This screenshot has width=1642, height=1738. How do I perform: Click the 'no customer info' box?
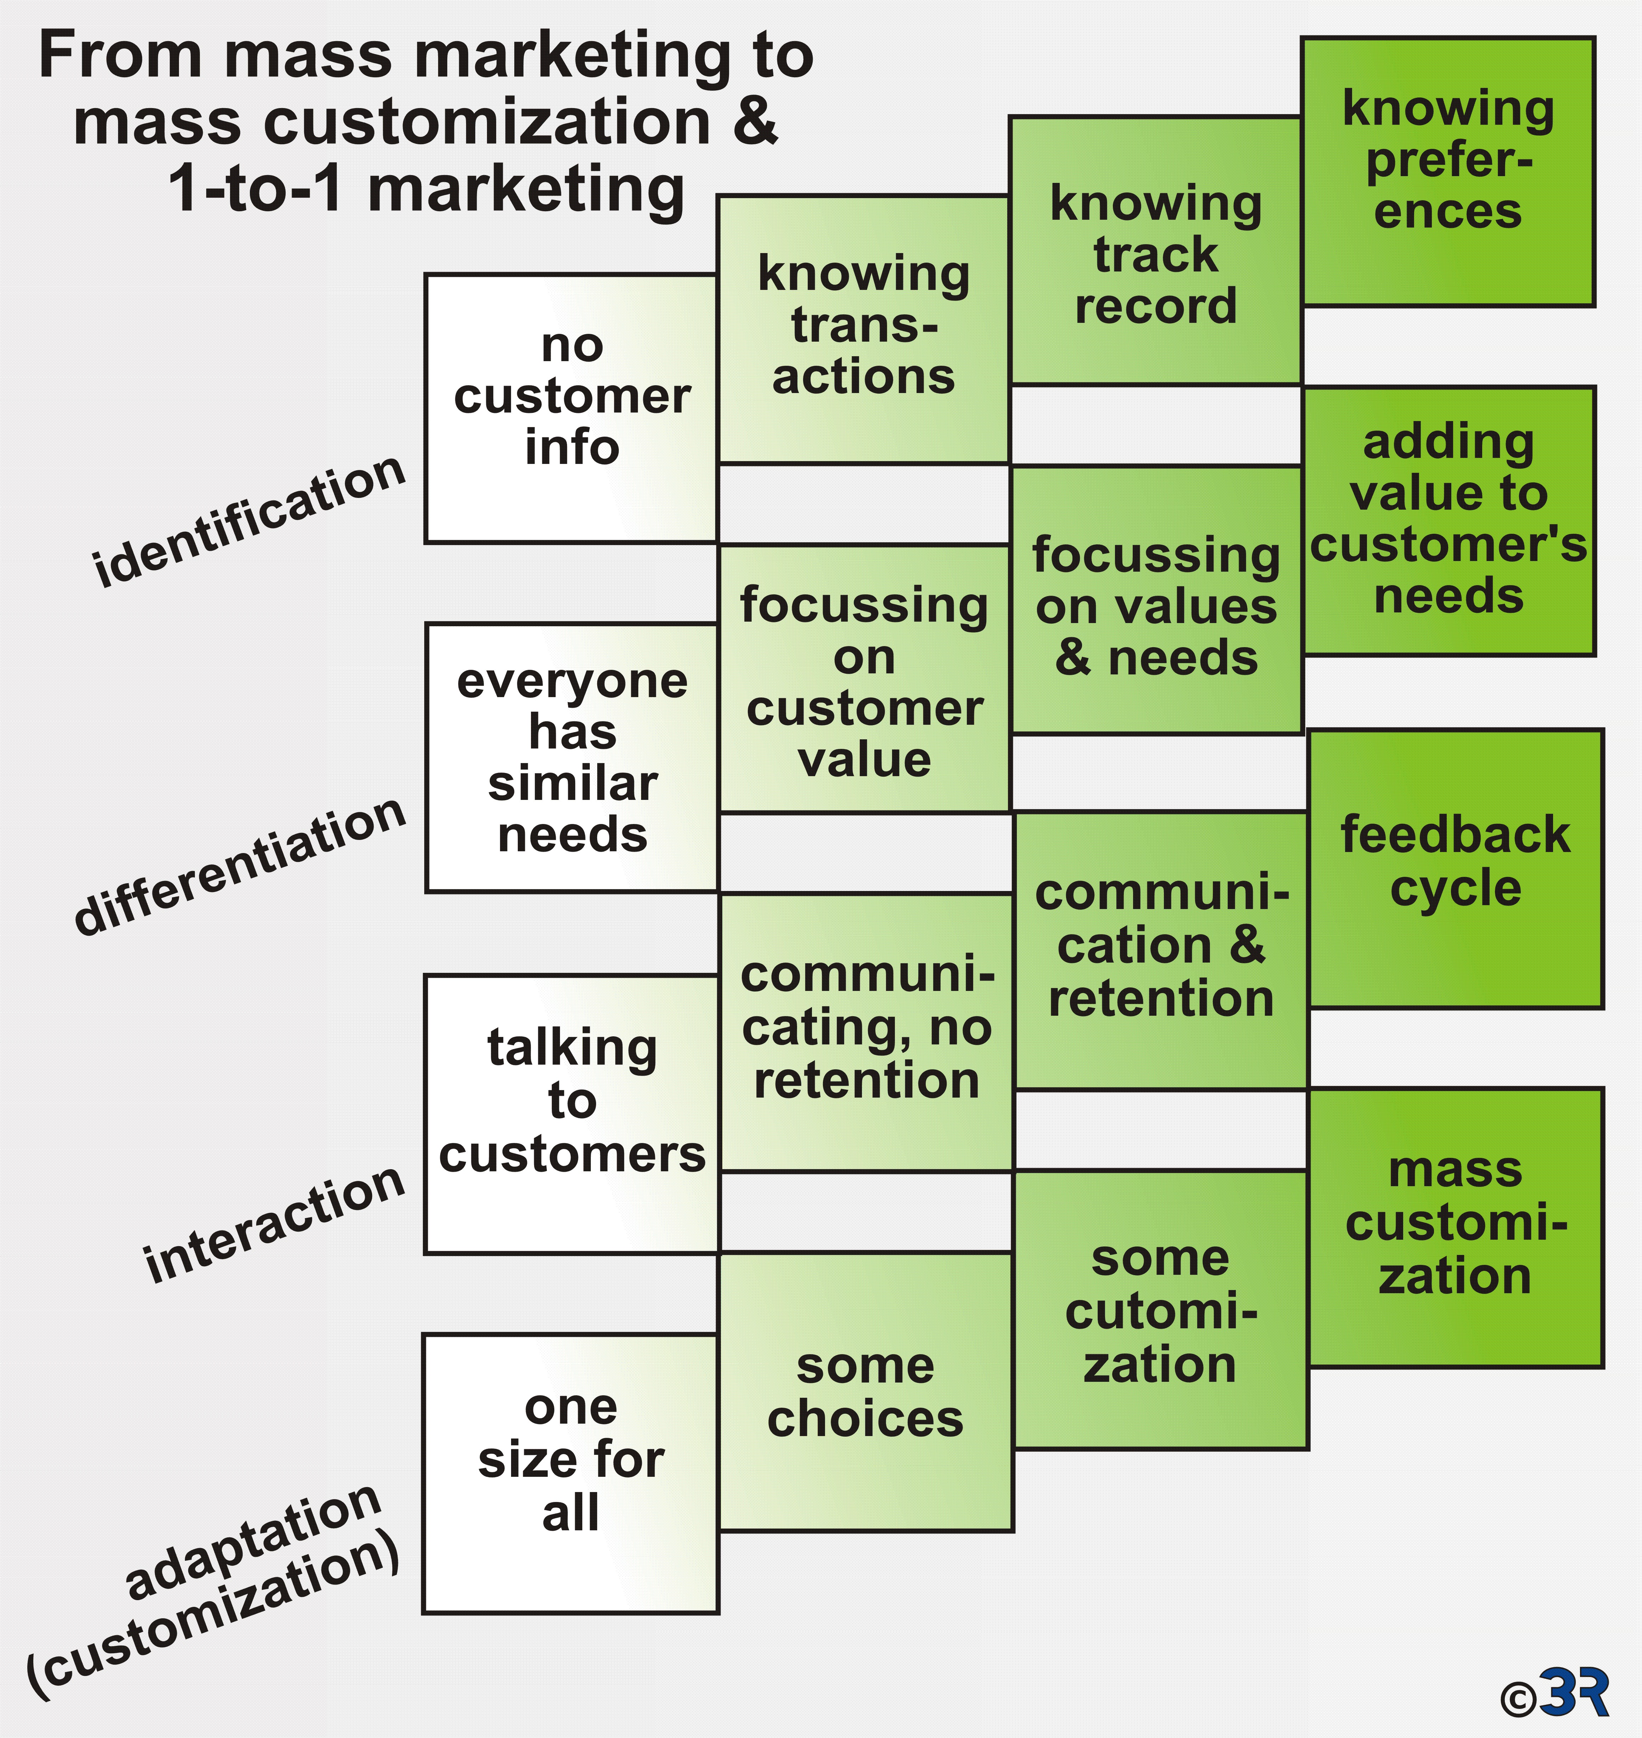pyautogui.click(x=571, y=409)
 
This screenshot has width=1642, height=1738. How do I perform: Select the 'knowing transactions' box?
pyautogui.click(x=863, y=329)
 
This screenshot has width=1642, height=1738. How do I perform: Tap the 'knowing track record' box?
pyautogui.click(x=1155, y=250)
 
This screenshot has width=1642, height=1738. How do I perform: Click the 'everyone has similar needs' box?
pyautogui.click(x=572, y=758)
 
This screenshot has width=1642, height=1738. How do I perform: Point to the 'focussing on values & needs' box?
pyautogui.click(x=1156, y=600)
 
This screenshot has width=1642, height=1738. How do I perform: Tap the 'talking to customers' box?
pyautogui.click(x=572, y=1114)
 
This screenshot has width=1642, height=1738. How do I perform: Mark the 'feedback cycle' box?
pyautogui.click(x=1456, y=869)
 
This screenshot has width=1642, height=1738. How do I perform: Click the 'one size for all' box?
pyautogui.click(x=571, y=1474)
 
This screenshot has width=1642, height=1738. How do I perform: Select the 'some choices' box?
pyautogui.click(x=865, y=1391)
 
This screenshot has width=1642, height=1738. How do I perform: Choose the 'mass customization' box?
pyautogui.click(x=1456, y=1228)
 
